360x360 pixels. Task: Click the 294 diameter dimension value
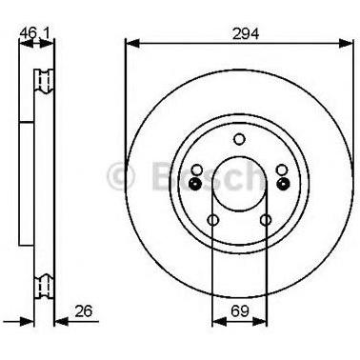coord(246,33)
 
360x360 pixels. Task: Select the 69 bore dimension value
coord(240,311)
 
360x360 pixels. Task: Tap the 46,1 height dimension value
coord(34,33)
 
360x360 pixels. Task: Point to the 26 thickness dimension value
coord(84,311)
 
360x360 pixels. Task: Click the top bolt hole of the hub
coord(239,139)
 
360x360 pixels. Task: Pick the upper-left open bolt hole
coord(197,170)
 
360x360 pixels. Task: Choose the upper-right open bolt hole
coord(282,170)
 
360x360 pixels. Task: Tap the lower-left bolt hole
coord(213,220)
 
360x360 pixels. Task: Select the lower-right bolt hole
coord(266,220)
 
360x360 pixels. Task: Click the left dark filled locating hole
coord(194,183)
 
